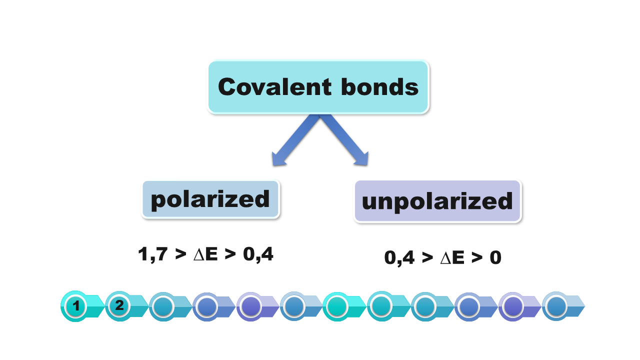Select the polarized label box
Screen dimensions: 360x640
coord(210,199)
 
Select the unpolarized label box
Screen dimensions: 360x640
coord(437,201)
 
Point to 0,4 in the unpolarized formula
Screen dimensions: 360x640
coord(398,258)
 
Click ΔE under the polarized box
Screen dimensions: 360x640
coord(204,254)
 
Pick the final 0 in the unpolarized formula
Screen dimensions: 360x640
coord(495,258)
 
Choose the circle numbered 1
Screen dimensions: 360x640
coord(76,306)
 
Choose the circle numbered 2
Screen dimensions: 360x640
coord(119,305)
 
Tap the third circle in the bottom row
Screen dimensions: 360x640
coord(163,306)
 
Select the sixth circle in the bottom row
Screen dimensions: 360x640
coord(294,306)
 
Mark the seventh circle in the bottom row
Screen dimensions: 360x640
coord(338,306)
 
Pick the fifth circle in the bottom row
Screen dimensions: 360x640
coord(251,306)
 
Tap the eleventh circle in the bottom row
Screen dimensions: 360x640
coord(513,306)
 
